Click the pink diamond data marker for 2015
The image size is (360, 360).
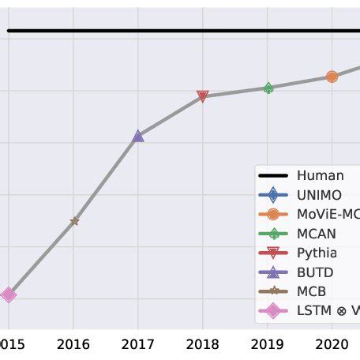pyautogui.click(x=8, y=294)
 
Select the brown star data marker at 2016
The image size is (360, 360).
pyautogui.click(x=74, y=221)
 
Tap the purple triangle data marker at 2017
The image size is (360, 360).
pyautogui.click(x=138, y=137)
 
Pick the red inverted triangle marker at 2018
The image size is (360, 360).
pyautogui.click(x=202, y=96)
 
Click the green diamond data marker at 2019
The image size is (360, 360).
pyautogui.click(x=268, y=88)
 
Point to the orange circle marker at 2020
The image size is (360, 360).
pyautogui.click(x=332, y=77)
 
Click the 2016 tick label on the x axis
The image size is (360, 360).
pyautogui.click(x=73, y=343)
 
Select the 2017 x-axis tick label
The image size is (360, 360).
pyautogui.click(x=137, y=343)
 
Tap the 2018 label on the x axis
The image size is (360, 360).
pyautogui.click(x=202, y=343)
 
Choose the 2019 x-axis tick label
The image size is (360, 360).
pyautogui.click(x=267, y=343)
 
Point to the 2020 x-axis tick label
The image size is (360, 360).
pyautogui.click(x=332, y=343)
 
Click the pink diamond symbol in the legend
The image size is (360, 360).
pyautogui.click(x=273, y=310)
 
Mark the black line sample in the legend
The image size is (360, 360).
pyautogui.click(x=273, y=175)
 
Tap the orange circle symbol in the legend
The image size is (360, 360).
pyautogui.click(x=273, y=214)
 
